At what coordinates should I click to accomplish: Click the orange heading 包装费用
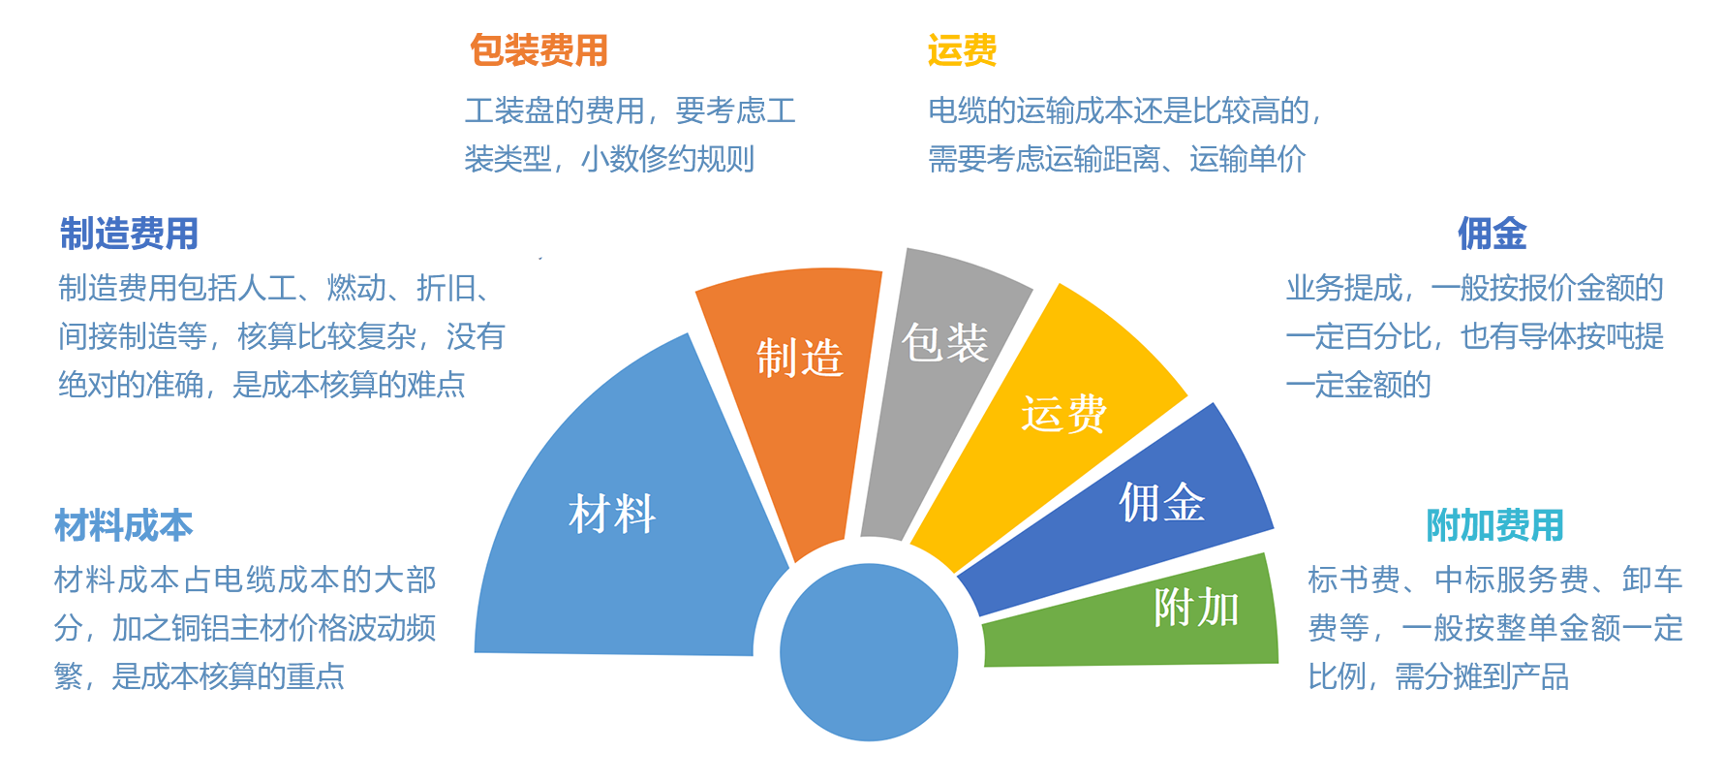[539, 50]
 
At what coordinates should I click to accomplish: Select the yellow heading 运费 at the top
[962, 50]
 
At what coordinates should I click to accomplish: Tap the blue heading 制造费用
[129, 234]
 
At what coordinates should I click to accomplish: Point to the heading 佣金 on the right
[1492, 234]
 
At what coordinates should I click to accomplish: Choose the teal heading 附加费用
[1494, 525]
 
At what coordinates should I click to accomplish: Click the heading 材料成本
[124, 525]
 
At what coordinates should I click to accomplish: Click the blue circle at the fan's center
[869, 652]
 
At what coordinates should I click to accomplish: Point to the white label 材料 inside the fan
[612, 514]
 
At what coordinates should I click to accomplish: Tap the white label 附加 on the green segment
[1196, 609]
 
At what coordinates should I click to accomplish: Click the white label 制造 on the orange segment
[800, 358]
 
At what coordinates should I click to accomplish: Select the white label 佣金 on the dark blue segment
[1162, 502]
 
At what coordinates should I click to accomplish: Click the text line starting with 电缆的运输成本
[1125, 111]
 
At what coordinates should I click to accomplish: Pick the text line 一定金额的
[1359, 385]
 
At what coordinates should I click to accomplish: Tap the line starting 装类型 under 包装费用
[609, 159]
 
